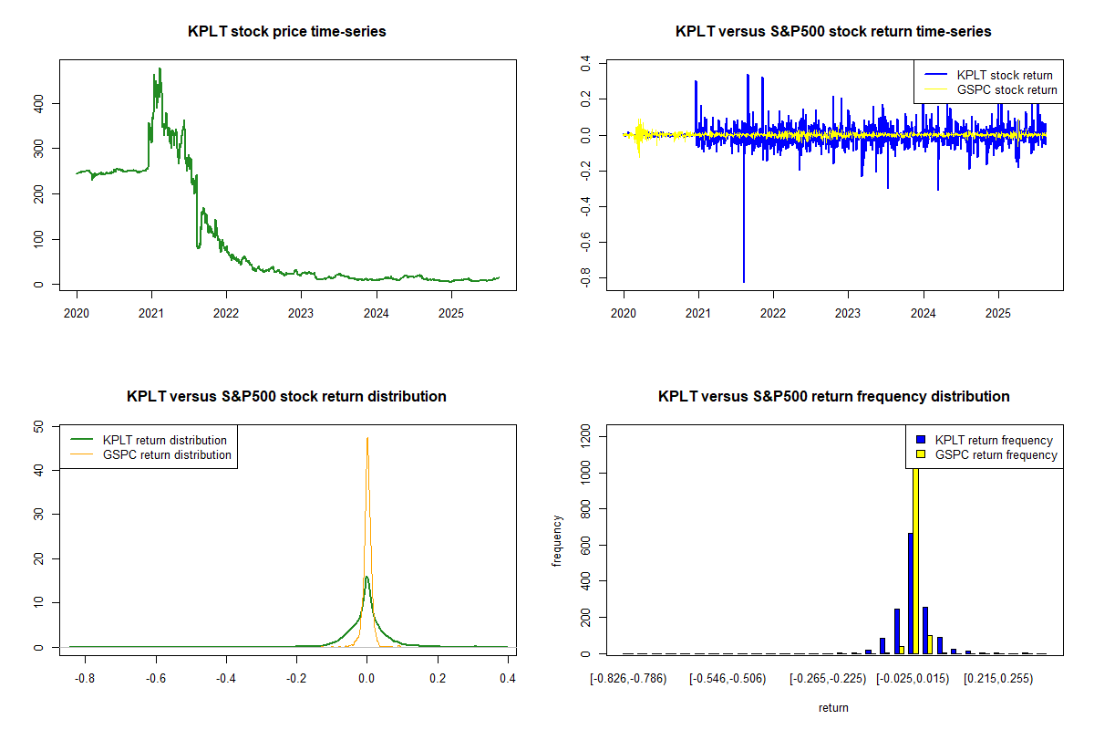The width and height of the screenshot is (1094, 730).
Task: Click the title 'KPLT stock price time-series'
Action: point(287,32)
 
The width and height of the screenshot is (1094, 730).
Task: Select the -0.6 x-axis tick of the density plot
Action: point(155,679)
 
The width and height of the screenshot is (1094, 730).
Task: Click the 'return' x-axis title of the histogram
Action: point(833,707)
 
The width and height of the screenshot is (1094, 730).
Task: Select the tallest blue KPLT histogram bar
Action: point(910,593)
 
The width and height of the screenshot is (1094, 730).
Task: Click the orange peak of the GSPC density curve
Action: point(367,439)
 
